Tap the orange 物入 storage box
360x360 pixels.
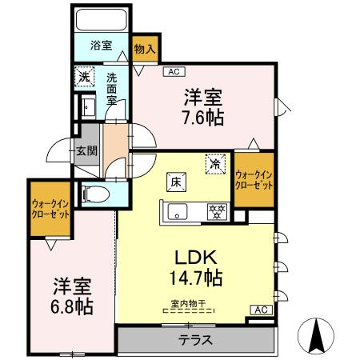145,50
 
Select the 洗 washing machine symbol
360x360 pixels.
85,78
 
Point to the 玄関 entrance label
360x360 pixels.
86,150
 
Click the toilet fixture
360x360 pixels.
94,193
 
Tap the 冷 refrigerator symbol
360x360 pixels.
215,162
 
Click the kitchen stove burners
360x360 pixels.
214,211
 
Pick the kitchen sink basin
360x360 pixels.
177,212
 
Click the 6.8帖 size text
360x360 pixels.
72,306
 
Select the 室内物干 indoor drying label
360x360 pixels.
188,303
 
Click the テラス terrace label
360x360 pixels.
196,340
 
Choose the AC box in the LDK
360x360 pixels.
260,310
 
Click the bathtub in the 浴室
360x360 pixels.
100,20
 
